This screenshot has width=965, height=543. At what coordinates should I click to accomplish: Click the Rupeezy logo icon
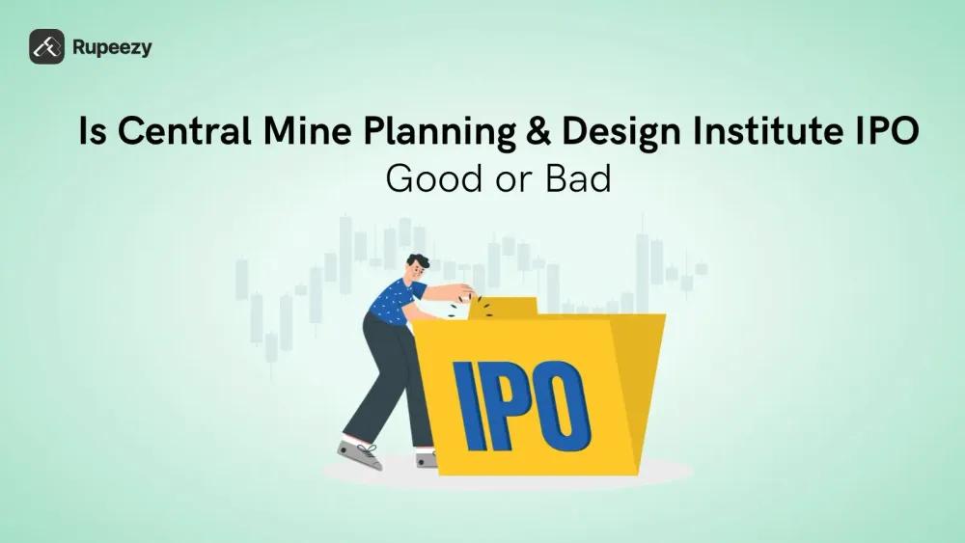[46, 46]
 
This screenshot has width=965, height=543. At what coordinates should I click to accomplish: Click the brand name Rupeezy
[112, 46]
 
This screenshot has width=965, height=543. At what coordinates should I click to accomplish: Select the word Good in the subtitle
[425, 179]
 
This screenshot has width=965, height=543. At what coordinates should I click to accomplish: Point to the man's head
[417, 268]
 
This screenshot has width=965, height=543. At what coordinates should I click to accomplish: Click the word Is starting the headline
[92, 134]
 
